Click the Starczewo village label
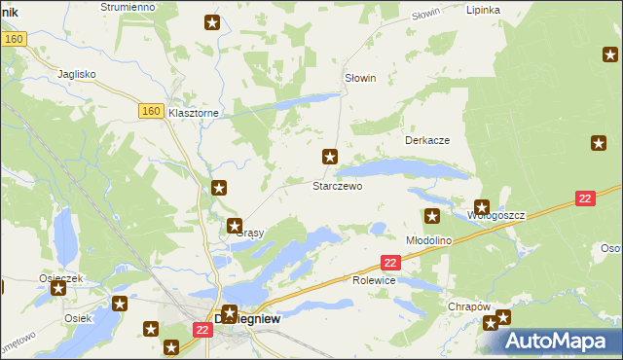tap(337, 185)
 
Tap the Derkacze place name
tap(426, 140)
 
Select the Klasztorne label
tap(194, 113)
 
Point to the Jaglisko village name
tap(76, 73)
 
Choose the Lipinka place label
tap(483, 10)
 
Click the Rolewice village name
tap(373, 280)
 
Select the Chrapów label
tap(468, 306)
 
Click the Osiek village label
tap(78, 318)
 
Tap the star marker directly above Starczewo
tap(330, 156)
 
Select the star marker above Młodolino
tap(432, 216)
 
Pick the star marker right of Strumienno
tap(212, 23)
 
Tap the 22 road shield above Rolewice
tap(390, 263)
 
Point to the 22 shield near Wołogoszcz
tap(584, 198)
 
